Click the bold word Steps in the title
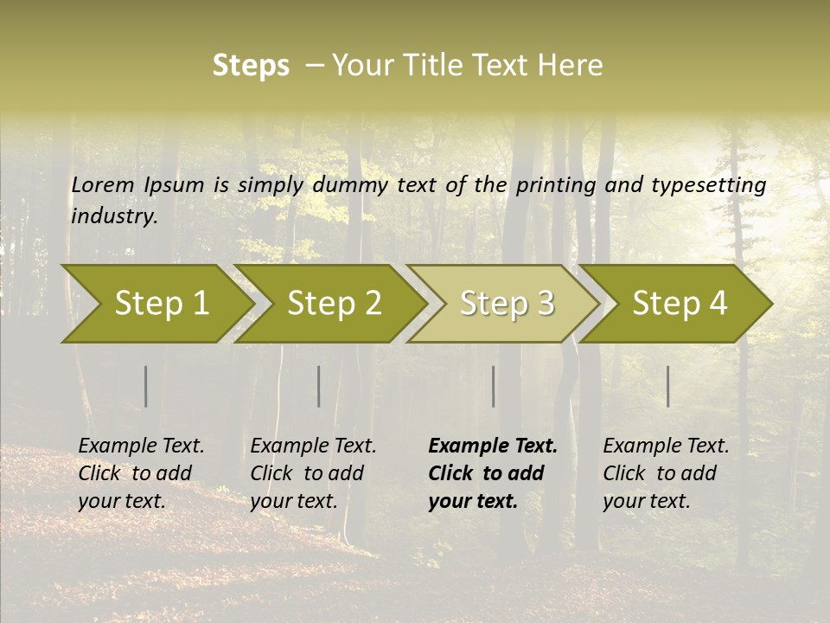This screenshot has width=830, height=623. click(x=251, y=66)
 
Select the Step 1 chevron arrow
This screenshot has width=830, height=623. click(x=156, y=304)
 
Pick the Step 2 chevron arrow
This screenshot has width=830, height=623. click(x=329, y=304)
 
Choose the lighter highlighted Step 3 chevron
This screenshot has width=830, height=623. click(x=501, y=304)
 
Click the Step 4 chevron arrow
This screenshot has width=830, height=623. click(x=675, y=304)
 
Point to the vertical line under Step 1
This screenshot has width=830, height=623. click(x=145, y=386)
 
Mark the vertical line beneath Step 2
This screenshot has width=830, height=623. click(x=318, y=386)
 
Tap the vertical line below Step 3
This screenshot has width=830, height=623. click(x=493, y=386)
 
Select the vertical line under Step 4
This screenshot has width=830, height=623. click(x=667, y=386)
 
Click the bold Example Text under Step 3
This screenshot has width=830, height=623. click(x=493, y=446)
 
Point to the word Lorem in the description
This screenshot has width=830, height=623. click(x=103, y=185)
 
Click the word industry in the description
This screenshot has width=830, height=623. click(x=113, y=216)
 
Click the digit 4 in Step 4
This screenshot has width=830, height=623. click(x=718, y=304)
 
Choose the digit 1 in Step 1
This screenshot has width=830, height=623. click(x=201, y=304)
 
